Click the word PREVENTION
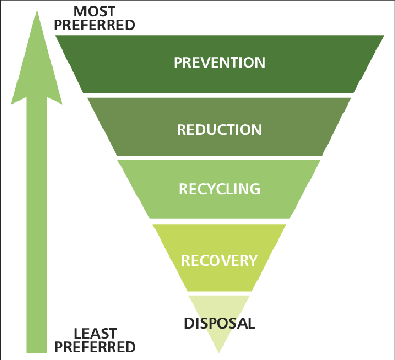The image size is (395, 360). coord(219,63)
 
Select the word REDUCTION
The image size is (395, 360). coord(219,130)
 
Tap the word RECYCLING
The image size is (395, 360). coord(219,189)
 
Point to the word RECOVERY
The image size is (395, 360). coord(219,260)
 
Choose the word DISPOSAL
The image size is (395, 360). coord(219,323)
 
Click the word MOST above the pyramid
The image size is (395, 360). coord(94,12)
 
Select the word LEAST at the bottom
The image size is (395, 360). coord(95,334)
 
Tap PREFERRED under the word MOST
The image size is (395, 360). coord(94,25)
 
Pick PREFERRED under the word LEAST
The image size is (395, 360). coord(95,347)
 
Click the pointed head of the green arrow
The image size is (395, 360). coord(37,10)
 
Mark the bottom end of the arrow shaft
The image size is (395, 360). coord(37,353)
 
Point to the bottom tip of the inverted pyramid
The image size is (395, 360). coord(219,353)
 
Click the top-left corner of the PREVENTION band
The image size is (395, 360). coord(55,36)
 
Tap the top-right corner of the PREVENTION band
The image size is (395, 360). coord(384,36)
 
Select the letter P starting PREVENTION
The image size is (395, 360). coord(178,63)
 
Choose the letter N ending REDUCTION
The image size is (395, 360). coord(256,130)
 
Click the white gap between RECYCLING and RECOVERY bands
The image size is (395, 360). coord(219,221)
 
